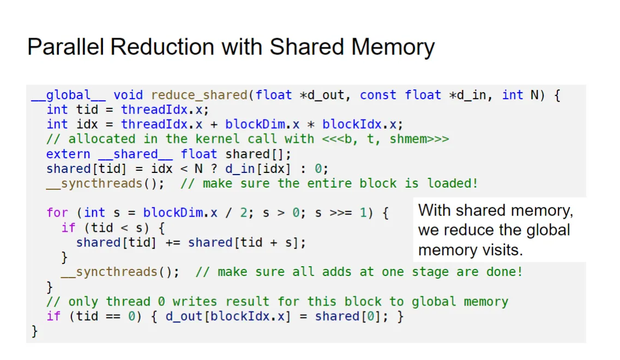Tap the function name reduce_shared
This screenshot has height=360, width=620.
click(x=199, y=95)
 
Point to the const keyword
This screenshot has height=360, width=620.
click(x=378, y=95)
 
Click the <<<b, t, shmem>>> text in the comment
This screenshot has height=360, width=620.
click(x=386, y=139)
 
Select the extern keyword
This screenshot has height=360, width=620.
click(x=68, y=154)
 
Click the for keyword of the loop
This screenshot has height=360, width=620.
click(x=57, y=213)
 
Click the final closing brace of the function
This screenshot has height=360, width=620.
click(x=35, y=331)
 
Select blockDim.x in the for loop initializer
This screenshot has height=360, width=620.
click(x=180, y=213)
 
